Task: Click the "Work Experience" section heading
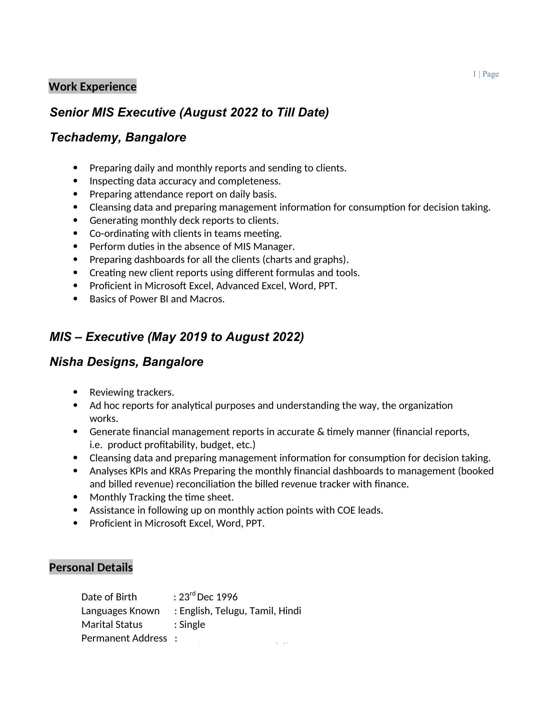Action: pyautogui.click(x=92, y=87)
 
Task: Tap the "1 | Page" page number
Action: pyautogui.click(x=486, y=74)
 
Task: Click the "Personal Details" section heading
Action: pyautogui.click(x=91, y=567)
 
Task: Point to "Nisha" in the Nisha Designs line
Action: pyautogui.click(x=66, y=362)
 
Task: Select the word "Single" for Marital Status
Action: pyautogui.click(x=192, y=624)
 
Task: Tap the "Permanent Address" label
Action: pyautogui.click(x=124, y=638)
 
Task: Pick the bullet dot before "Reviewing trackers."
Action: pyautogui.click(x=76, y=392)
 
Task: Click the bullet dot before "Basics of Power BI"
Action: pyautogui.click(x=76, y=299)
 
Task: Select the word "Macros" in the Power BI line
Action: pyautogui.click(x=206, y=299)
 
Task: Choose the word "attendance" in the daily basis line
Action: pyautogui.click(x=155, y=194)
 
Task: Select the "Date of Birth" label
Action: pyautogui.click(x=109, y=597)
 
